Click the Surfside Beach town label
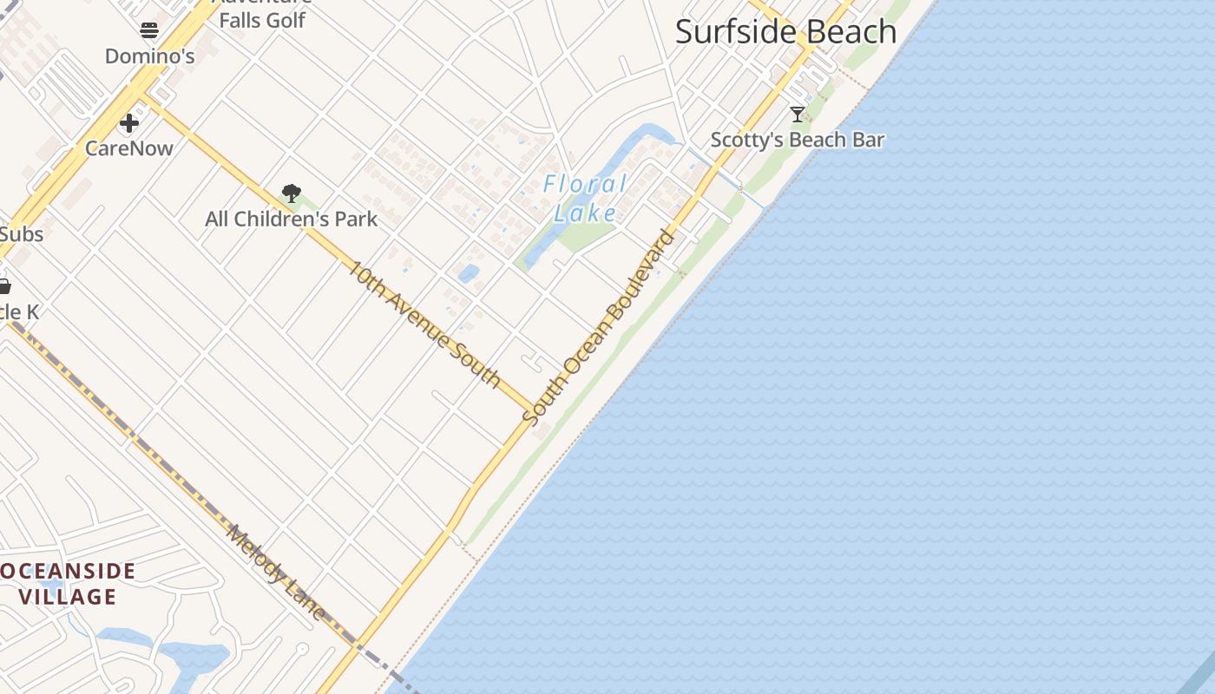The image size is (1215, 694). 785,32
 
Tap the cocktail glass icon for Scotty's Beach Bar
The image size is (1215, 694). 798,114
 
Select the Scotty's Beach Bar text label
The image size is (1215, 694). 797,140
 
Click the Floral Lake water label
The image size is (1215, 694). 586,198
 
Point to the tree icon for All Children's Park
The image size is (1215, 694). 292,193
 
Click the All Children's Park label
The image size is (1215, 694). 291,219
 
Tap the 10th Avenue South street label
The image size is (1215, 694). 424,324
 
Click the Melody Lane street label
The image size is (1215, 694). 275,573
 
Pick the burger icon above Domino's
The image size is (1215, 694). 149,31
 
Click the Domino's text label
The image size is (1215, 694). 149,56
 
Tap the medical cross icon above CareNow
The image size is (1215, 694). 129,123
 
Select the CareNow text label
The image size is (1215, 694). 129,148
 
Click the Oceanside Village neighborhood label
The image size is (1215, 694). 68,584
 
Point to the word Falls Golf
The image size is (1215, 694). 262,20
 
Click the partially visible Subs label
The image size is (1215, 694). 21,234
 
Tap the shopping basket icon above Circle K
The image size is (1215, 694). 4,286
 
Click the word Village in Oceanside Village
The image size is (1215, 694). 68,597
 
